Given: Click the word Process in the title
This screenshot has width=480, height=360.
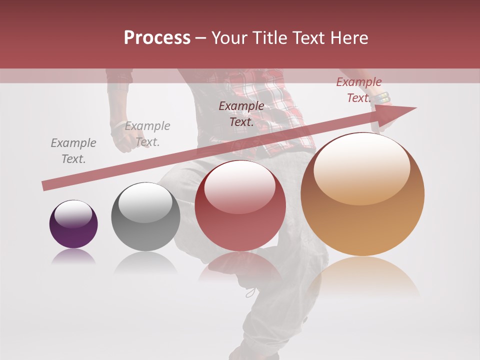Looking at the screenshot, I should [157, 38].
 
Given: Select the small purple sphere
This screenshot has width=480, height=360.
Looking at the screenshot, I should [73, 224].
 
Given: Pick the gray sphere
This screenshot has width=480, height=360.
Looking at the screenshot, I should [145, 217].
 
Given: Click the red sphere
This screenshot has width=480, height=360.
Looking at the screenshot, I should [240, 206].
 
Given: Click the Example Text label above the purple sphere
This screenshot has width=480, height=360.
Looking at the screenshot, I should [73, 151].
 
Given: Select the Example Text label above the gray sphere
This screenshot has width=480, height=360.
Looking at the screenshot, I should [147, 134].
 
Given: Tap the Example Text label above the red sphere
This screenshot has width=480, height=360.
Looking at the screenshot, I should [241, 114].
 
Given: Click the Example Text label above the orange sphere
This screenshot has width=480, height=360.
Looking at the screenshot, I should [359, 90].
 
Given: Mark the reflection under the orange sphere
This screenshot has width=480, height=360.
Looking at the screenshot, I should [362, 277].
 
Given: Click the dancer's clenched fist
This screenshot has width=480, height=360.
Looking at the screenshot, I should [120, 140].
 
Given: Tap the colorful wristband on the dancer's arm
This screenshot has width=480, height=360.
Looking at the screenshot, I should [383, 97].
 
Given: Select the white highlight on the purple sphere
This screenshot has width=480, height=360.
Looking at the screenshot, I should [73, 212].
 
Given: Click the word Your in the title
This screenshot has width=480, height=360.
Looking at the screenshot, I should [227, 38].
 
